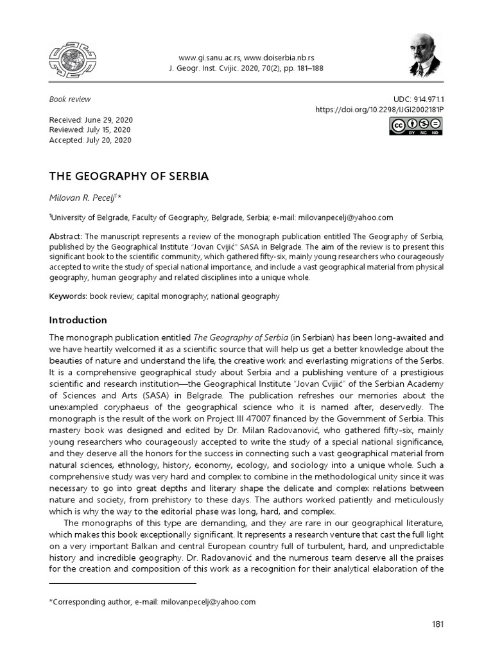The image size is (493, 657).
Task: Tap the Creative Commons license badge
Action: tap(416, 127)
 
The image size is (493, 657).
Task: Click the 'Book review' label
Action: tap(70, 99)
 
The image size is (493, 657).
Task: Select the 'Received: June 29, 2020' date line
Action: tap(91, 120)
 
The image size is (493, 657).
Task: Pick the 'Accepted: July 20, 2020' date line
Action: tap(91, 140)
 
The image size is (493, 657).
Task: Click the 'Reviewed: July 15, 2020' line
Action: tap(91, 130)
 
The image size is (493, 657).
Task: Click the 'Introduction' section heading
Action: tap(78, 320)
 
